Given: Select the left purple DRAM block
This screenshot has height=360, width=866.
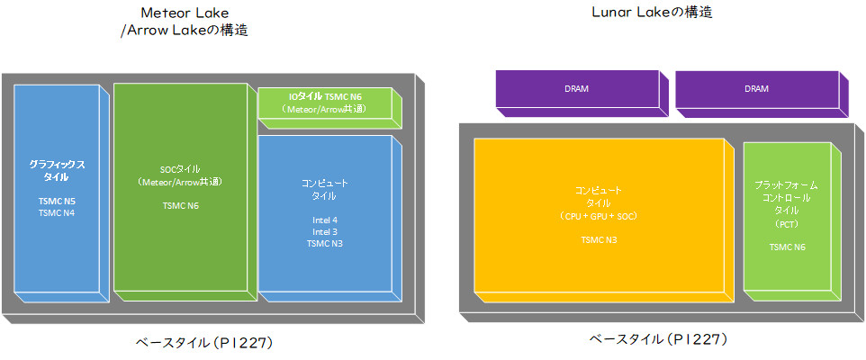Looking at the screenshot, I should click(578, 89).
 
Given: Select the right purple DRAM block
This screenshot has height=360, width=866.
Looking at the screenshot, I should click(756, 89).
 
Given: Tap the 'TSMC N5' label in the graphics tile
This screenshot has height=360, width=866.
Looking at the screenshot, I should click(57, 202).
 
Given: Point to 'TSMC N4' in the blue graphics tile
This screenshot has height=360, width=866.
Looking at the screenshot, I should click(57, 213).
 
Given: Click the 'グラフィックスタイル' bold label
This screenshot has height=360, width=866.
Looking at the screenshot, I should click(57, 171).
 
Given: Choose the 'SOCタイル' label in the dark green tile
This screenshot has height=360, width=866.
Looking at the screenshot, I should click(179, 169).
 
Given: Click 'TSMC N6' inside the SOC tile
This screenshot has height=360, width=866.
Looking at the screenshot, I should click(179, 204).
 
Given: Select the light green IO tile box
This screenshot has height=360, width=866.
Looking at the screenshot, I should click(324, 103).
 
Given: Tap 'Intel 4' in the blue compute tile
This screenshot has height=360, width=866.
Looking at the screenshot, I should click(324, 220).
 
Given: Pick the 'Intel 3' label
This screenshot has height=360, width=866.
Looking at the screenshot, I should click(324, 231).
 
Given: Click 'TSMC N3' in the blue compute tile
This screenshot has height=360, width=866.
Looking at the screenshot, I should click(324, 243).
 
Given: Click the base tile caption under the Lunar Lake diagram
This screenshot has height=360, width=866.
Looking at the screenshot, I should click(657, 339).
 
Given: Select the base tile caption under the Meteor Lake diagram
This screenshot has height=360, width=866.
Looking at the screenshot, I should click(204, 342).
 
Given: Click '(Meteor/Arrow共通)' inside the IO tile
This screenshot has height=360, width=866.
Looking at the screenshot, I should click(324, 109).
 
